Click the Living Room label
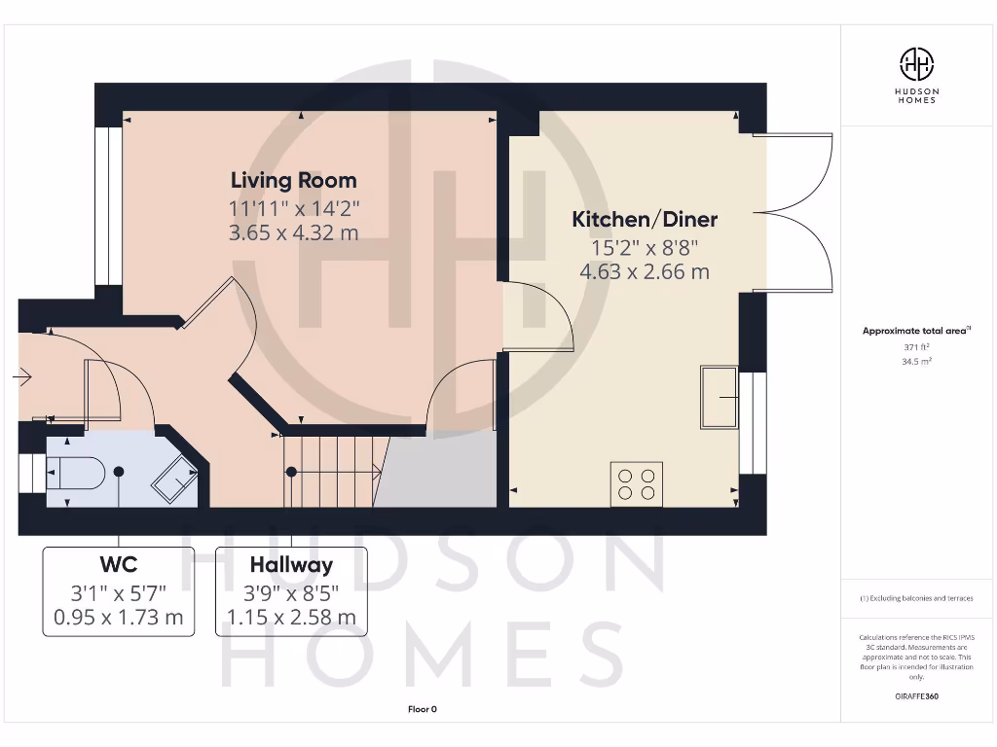point(293,180)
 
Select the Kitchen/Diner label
point(644,220)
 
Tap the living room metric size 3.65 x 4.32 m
point(293,232)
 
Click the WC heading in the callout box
point(118,565)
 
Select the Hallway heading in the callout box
point(291,565)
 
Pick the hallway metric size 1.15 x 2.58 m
point(291,617)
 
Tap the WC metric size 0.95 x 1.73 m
point(118,617)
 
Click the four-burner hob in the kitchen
point(636,483)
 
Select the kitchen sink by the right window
point(720,397)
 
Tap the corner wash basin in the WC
point(173,478)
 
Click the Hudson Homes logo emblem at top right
point(915,64)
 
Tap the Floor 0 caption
point(423,710)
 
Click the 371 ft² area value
point(916,346)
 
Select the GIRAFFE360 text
point(916,696)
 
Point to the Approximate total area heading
point(915,331)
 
